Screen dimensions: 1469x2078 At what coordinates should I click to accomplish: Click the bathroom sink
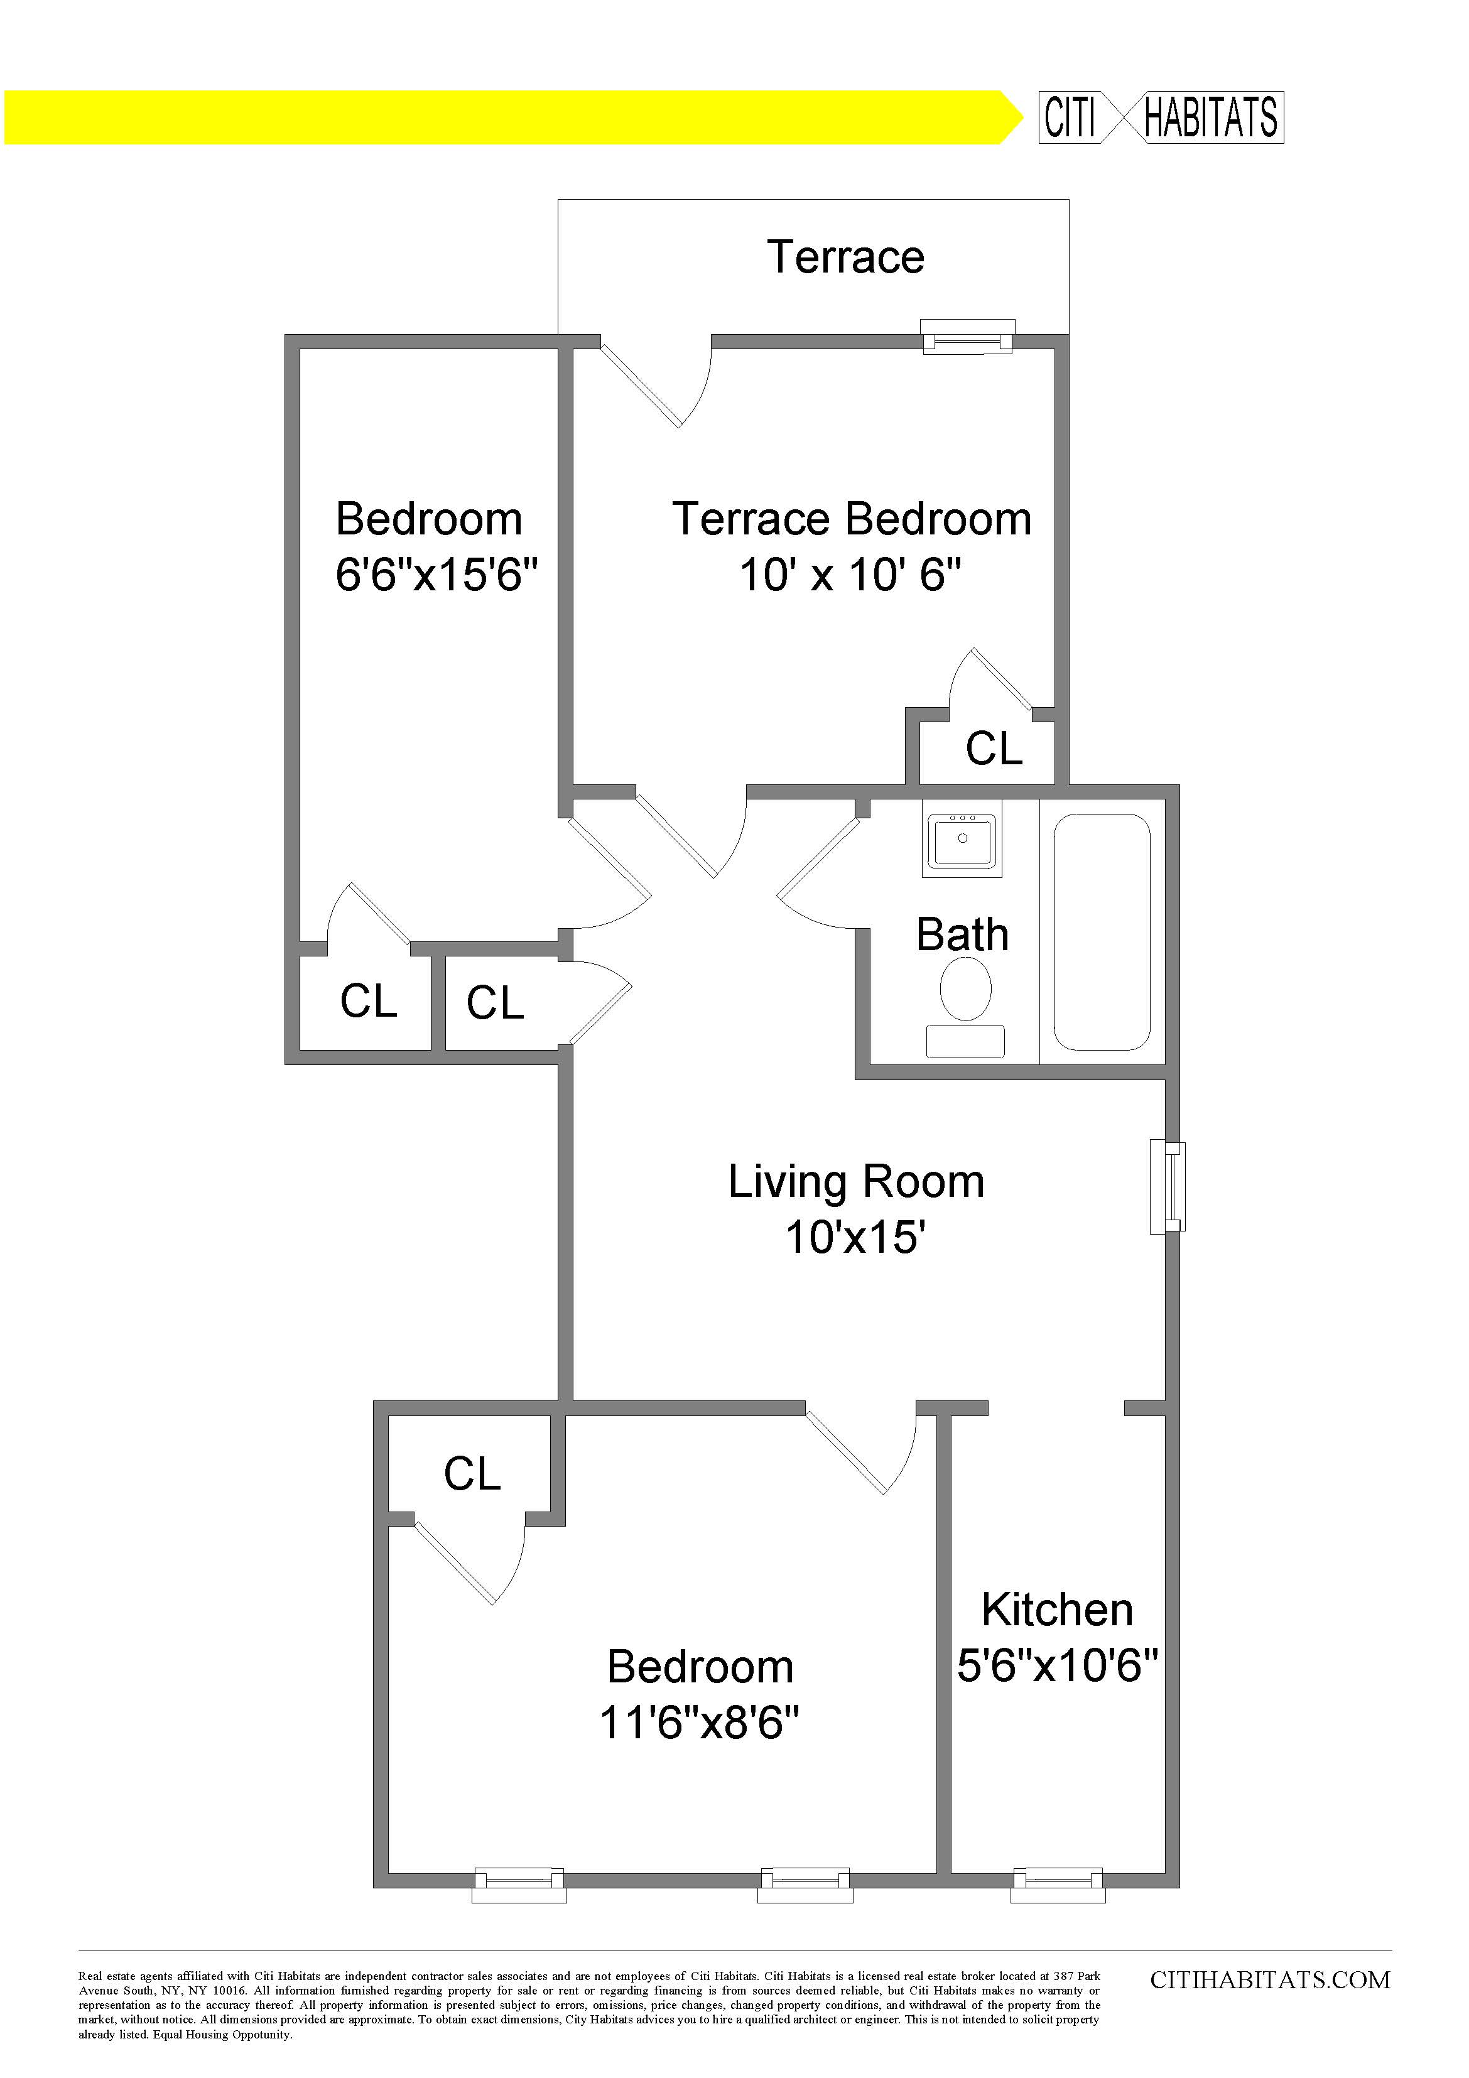tap(962, 839)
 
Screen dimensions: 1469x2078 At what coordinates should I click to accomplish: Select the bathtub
tap(1102, 931)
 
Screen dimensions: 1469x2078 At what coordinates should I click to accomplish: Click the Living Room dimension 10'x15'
tap(855, 1237)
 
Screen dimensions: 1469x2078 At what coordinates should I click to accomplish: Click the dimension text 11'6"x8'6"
tap(700, 1723)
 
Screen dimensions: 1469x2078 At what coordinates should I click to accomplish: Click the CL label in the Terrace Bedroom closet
tap(994, 749)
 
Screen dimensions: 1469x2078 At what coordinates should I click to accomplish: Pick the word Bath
tap(962, 935)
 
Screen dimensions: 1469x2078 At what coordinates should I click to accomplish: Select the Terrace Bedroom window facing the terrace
tap(968, 338)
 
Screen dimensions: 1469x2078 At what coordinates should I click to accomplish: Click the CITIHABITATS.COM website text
tap(1270, 1980)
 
